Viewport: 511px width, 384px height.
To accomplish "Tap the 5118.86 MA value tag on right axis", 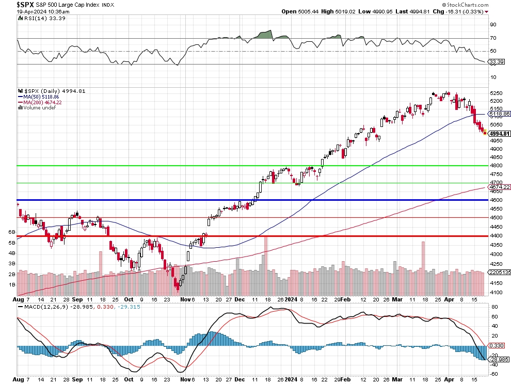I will [x=500, y=114].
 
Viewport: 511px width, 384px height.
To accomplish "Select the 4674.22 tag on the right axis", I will [x=500, y=187].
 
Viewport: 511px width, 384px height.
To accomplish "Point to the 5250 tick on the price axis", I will [x=496, y=93].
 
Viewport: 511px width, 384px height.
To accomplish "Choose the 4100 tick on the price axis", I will [x=496, y=293].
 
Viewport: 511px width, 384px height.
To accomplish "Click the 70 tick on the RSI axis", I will [x=493, y=38].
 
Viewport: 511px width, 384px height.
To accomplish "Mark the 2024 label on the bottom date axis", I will [x=292, y=299].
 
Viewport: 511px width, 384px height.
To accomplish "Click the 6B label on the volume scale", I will [x=11, y=232].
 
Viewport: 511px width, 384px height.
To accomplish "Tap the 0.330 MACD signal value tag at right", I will [x=497, y=345].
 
